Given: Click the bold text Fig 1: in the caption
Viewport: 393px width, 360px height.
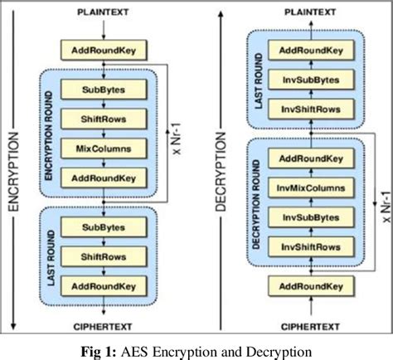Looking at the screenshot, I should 118,346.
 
